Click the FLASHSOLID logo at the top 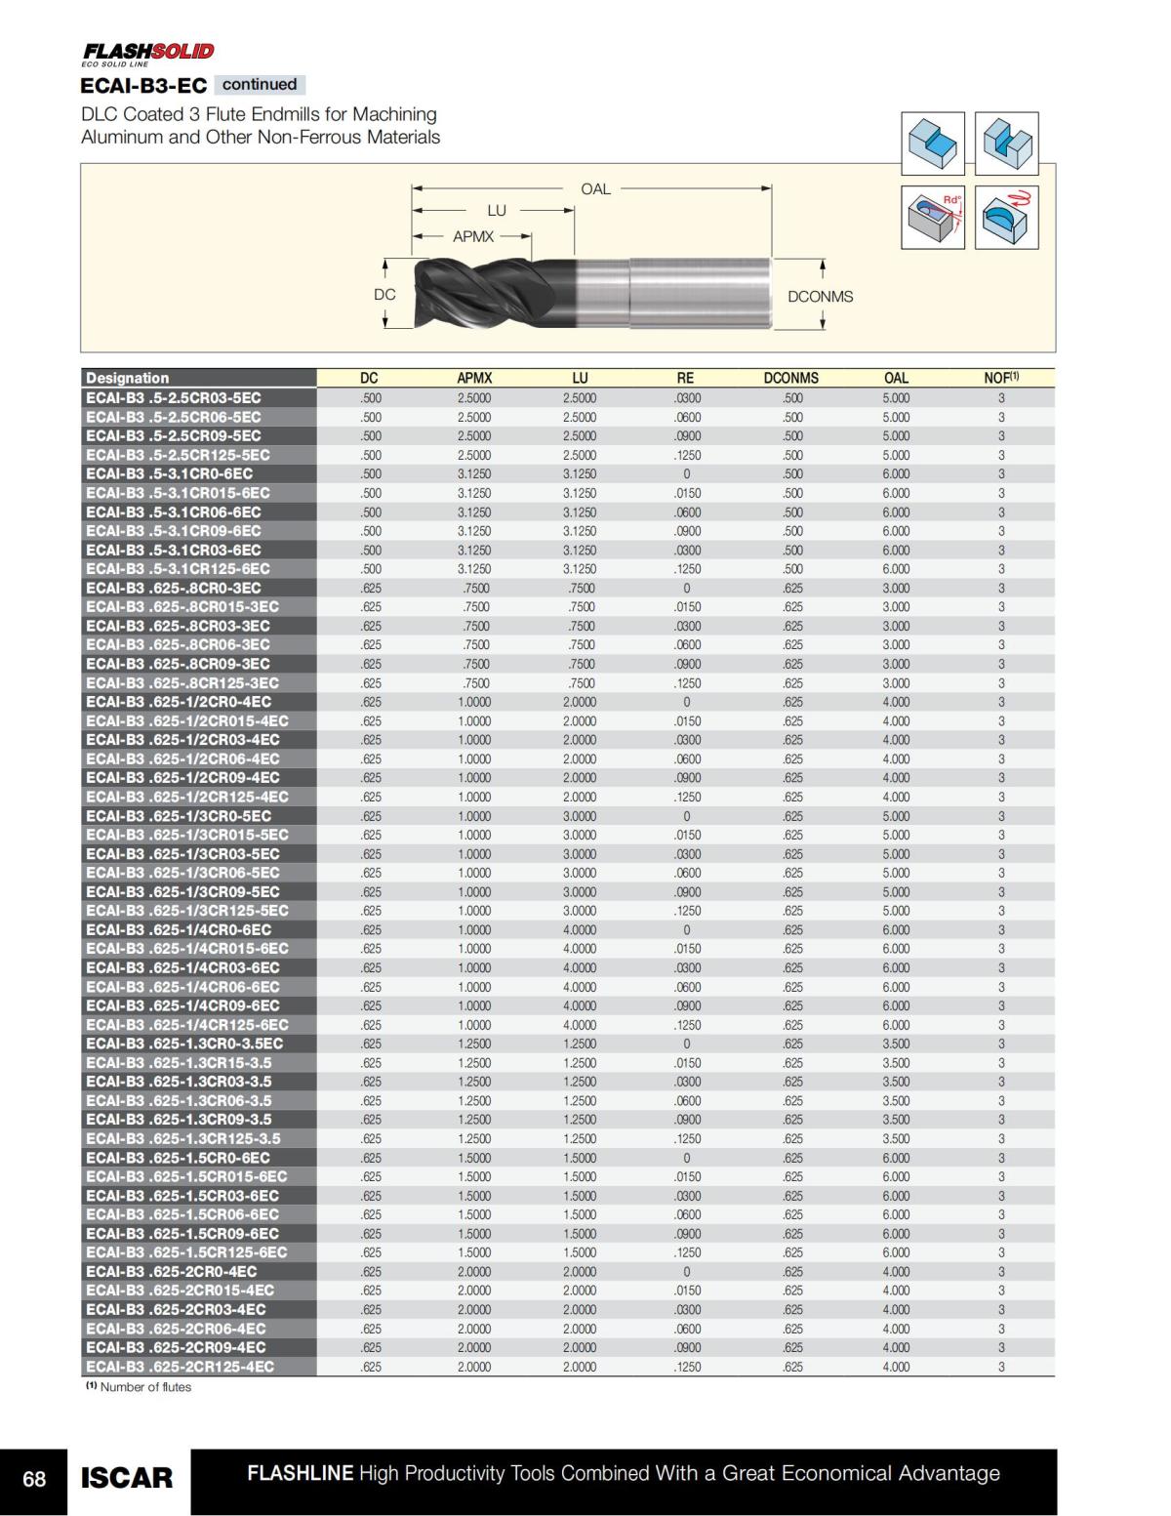click(x=147, y=52)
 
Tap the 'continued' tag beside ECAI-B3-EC click(x=259, y=85)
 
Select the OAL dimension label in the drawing click(x=595, y=188)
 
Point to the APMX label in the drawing click(x=473, y=236)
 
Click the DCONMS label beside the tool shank click(x=820, y=296)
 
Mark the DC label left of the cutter click(x=384, y=294)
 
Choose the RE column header click(x=686, y=378)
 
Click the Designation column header click(x=128, y=378)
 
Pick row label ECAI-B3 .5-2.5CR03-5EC click(x=174, y=397)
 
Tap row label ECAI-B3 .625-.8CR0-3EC click(x=174, y=588)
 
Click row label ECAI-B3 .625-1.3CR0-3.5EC click(x=184, y=1044)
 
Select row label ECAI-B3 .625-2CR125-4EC click(x=180, y=1367)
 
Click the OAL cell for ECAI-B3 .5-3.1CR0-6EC click(x=896, y=473)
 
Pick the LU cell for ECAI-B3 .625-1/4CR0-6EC click(x=580, y=929)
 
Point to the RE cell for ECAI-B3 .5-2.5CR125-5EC click(x=687, y=455)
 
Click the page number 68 click(x=34, y=1479)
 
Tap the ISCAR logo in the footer click(x=127, y=1478)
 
